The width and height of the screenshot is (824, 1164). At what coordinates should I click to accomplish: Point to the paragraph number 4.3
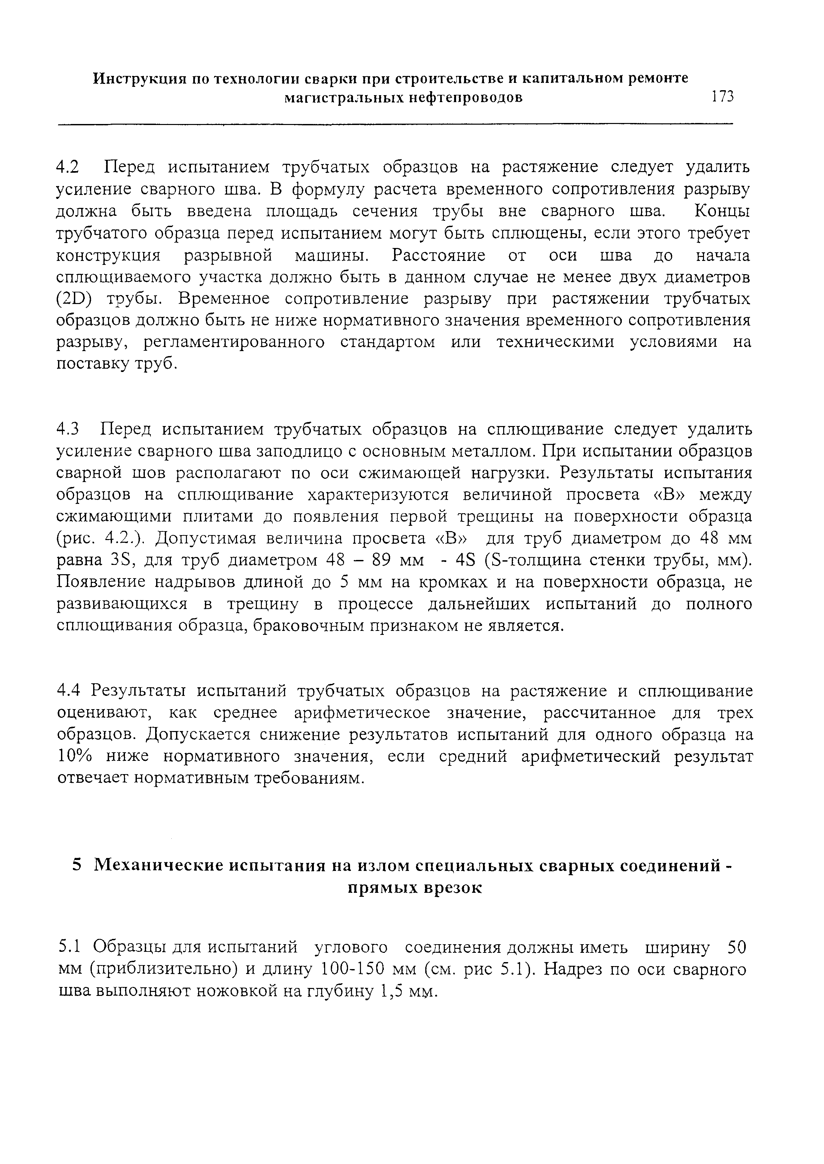click(x=68, y=430)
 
